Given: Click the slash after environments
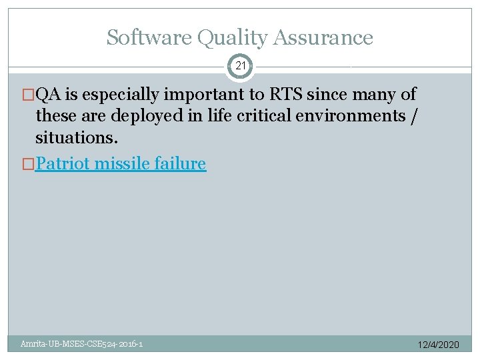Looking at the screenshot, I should point(417,116).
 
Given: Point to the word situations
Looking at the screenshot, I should point(77,138).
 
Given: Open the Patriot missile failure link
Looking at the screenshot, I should point(120,163).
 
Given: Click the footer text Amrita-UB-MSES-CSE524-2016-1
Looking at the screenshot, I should point(81,344).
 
